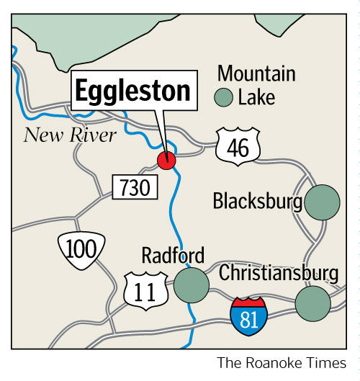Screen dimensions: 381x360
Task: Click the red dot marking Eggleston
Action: (166, 161)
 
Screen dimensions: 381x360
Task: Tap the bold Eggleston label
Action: (135, 91)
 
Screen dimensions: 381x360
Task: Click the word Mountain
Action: (256, 73)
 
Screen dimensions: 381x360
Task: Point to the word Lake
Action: (256, 97)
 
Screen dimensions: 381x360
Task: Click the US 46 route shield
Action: (238, 148)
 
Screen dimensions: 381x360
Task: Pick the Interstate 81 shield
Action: (248, 313)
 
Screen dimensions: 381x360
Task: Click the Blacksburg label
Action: (257, 201)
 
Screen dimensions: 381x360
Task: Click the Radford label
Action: (173, 255)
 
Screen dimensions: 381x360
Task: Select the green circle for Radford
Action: (191, 285)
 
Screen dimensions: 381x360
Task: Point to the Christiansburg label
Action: (279, 273)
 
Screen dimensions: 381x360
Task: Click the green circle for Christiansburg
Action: (313, 302)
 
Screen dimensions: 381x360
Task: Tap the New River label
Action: (70, 135)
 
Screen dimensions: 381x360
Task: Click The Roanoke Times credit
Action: (282, 362)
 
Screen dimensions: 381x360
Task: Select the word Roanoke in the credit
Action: (278, 362)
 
